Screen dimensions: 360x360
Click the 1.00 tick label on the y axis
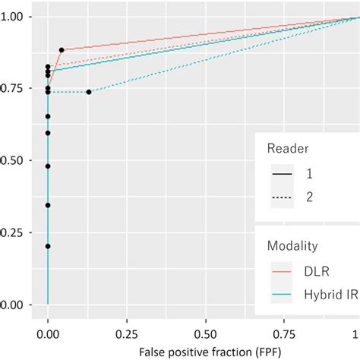(17, 17)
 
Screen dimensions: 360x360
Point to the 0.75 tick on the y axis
(17, 89)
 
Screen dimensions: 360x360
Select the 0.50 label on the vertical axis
(17, 161)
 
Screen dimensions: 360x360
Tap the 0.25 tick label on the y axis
(17, 233)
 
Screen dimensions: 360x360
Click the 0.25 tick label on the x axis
(126, 333)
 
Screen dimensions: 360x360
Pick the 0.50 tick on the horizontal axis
(204, 333)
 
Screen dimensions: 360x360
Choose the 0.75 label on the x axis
(282, 333)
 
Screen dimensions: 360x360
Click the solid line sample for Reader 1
(283, 175)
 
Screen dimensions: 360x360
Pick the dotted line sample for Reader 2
(283, 198)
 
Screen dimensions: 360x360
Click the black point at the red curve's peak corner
(62, 50)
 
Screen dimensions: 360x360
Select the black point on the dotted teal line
(89, 92)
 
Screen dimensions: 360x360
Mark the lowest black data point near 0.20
(48, 246)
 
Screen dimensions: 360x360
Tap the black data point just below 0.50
(48, 166)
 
